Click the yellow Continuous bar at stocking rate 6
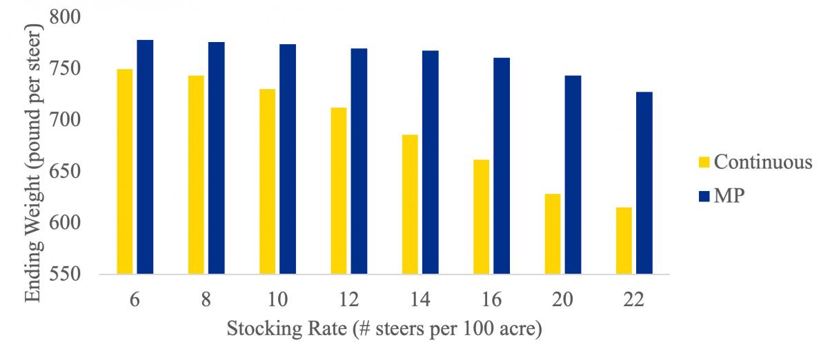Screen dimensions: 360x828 tap(124, 172)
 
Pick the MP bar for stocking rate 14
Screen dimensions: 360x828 tap(430, 162)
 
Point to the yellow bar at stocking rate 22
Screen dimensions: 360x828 tap(624, 241)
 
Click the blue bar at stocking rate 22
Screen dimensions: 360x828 tap(644, 183)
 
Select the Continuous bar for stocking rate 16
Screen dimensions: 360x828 tap(481, 217)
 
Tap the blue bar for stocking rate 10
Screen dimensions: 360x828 tap(288, 159)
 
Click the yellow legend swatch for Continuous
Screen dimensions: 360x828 tap(703, 163)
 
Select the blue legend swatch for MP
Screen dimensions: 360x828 tap(703, 197)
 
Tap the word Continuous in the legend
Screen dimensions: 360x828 tap(763, 163)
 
